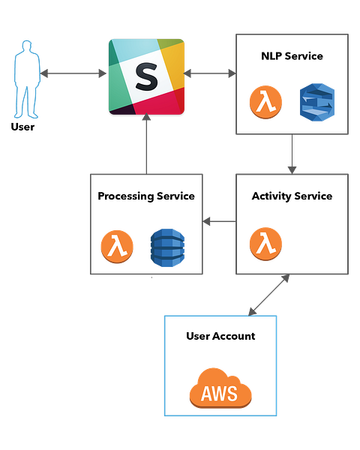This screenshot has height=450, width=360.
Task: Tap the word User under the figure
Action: coord(22,127)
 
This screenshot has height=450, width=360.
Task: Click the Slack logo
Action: coord(146,77)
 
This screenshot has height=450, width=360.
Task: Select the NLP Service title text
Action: coord(292,56)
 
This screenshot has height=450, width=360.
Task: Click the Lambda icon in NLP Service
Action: coord(265,102)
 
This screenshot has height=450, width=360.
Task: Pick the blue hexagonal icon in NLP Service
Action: coord(317,102)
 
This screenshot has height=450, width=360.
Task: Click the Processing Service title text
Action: coord(146,196)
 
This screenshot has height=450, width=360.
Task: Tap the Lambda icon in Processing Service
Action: coord(117,247)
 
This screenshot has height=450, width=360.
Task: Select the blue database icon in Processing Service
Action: coord(168,247)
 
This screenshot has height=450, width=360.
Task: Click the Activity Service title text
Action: coord(292,196)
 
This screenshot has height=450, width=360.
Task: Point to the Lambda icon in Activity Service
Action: coord(265,244)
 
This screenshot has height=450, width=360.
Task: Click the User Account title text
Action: coord(220,336)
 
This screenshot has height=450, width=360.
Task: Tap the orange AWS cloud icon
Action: coord(220,388)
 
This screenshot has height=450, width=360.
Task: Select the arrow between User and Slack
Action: coord(73,73)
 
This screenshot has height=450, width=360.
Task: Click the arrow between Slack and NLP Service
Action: coord(210,73)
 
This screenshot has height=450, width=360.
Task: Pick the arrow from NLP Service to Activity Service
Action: coord(292,154)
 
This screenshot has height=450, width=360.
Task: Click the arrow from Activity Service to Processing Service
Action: coord(219,221)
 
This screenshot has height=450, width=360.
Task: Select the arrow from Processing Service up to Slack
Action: coord(146,143)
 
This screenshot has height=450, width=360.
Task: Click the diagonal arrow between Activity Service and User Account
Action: coord(268,295)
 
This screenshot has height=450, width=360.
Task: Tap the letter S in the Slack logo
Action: coord(146,76)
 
